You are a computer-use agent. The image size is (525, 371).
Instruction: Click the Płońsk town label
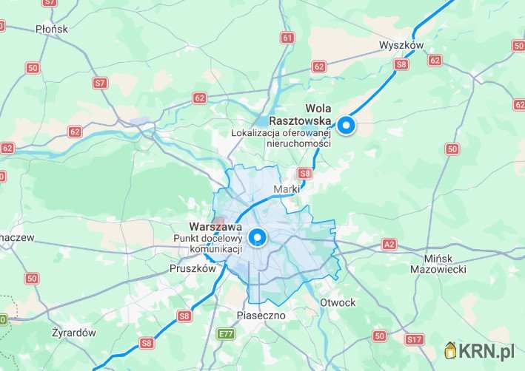[51, 29]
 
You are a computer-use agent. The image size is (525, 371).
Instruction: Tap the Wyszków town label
[400, 45]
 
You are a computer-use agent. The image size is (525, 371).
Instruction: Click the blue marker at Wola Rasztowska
[346, 126]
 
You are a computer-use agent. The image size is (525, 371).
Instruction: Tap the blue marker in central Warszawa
[258, 237]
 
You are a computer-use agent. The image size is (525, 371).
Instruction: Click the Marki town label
[287, 190]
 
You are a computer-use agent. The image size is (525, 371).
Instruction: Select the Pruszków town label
[192, 269]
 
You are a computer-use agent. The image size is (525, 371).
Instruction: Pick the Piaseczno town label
[261, 316]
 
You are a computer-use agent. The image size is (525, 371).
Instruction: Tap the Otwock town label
[338, 303]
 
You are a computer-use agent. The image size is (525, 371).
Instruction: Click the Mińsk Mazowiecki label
[438, 264]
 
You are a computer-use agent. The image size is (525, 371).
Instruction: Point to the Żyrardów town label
[74, 333]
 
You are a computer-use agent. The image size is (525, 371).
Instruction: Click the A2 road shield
[389, 244]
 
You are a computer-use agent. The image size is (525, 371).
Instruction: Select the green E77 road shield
[226, 334]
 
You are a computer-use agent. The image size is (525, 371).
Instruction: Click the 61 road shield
[287, 37]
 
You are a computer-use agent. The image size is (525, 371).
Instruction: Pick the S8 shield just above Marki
[304, 174]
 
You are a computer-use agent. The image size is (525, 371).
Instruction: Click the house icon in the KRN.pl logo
[450, 350]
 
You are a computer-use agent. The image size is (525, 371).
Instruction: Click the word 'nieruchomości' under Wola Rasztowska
[298, 143]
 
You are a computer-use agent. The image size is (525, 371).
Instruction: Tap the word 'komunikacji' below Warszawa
[204, 250]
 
